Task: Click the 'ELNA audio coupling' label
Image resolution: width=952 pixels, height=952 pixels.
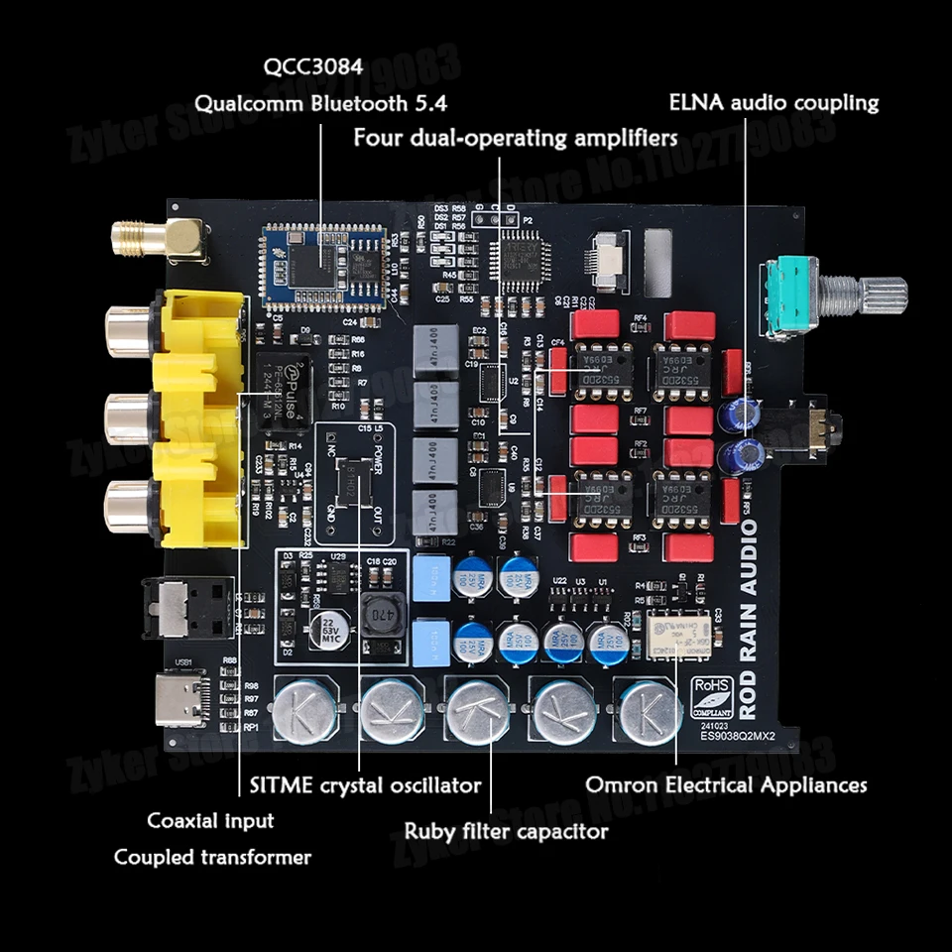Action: [773, 102]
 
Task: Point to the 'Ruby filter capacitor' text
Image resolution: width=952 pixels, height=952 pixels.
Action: [506, 830]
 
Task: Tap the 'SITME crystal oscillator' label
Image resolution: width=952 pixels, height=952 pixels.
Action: [361, 785]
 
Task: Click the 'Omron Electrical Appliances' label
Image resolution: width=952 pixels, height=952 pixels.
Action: [726, 784]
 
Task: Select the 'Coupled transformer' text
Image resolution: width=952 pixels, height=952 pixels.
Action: [212, 857]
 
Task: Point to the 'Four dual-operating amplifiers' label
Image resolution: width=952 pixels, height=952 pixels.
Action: [516, 137]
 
